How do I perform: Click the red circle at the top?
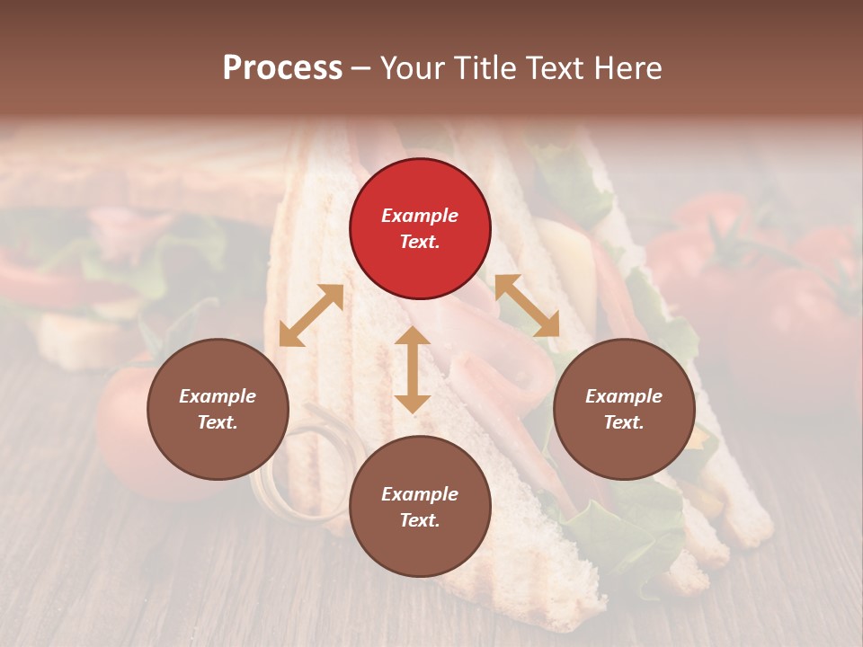420,228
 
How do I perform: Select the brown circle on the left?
218,409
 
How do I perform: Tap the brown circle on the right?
623,409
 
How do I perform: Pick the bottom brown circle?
420,507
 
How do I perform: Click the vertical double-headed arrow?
413,369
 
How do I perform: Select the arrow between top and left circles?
311,315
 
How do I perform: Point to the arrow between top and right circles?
526,306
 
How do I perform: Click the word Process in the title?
282,67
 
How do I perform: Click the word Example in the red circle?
420,216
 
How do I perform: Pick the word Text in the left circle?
218,422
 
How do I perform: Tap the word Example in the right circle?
623,396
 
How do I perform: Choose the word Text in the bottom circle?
420,520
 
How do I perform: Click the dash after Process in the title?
361,68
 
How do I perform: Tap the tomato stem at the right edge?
845,288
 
